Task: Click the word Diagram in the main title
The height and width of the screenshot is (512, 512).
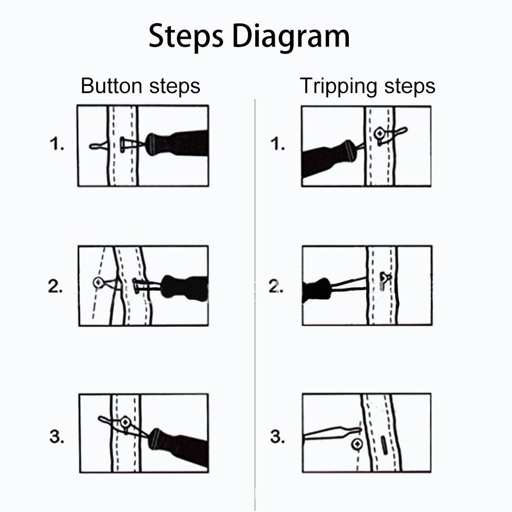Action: pyautogui.click(x=291, y=37)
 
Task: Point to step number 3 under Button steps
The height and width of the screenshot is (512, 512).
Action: pyautogui.click(x=57, y=437)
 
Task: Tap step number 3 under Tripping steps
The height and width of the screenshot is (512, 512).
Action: pyautogui.click(x=277, y=437)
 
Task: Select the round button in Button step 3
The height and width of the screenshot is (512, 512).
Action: pyautogui.click(x=125, y=422)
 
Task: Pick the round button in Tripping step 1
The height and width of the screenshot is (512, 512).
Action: pyautogui.click(x=380, y=133)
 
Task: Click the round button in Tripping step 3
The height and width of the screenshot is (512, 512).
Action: pyautogui.click(x=357, y=444)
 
